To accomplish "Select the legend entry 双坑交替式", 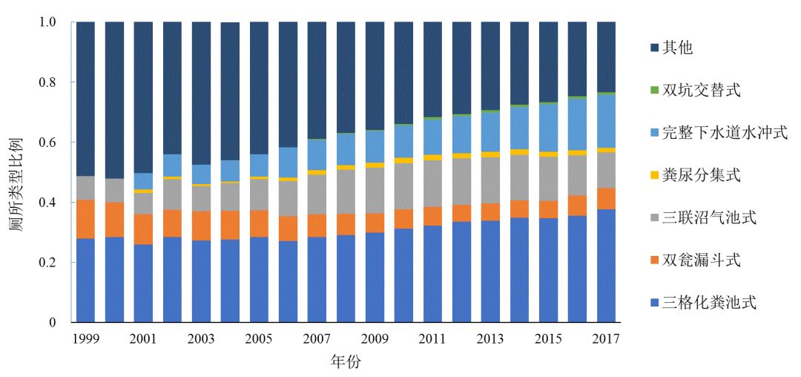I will pos(700,91).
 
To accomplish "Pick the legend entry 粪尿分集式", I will pos(700,175).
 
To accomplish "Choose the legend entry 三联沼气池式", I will pos(708,218).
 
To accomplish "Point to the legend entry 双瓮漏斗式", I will pos(700,260).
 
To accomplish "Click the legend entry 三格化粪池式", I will pos(708,303).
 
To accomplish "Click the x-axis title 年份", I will pos(346,362).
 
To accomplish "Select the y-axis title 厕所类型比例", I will pos(16,171).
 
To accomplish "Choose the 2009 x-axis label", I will pos(375,339).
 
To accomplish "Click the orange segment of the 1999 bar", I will pos(85,219).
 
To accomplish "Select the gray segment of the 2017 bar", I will pos(606,170).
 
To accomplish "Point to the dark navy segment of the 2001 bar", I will pos(143,97).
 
